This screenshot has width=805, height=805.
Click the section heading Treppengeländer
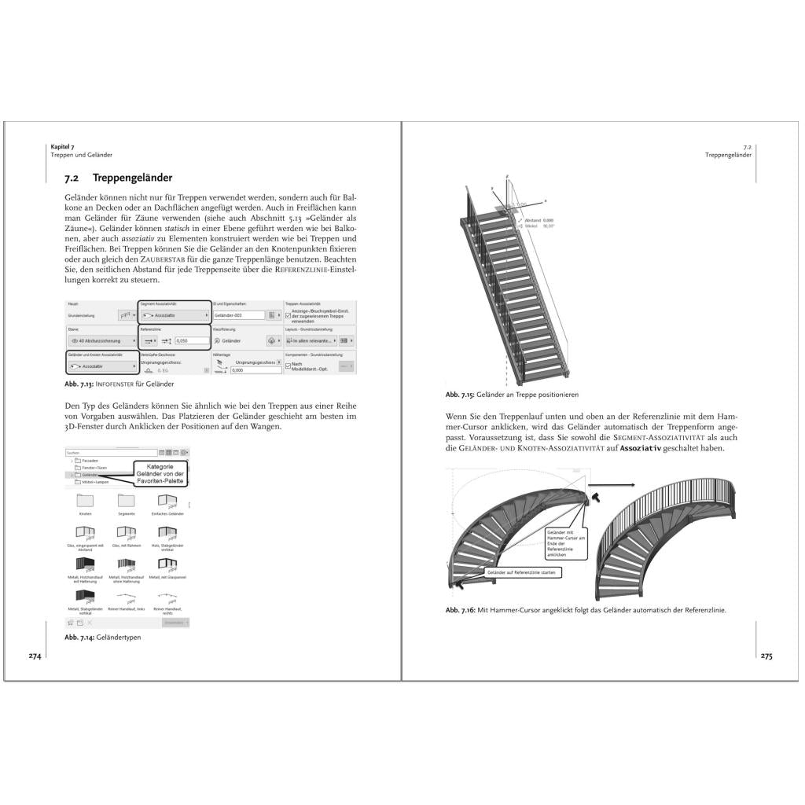pos(132,178)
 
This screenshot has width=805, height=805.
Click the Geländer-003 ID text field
pos(238,314)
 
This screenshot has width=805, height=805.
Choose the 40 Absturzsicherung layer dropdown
pos(100,341)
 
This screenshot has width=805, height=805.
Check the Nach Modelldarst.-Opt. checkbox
pos(288,365)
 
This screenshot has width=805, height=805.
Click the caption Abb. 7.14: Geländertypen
pos(103,638)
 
